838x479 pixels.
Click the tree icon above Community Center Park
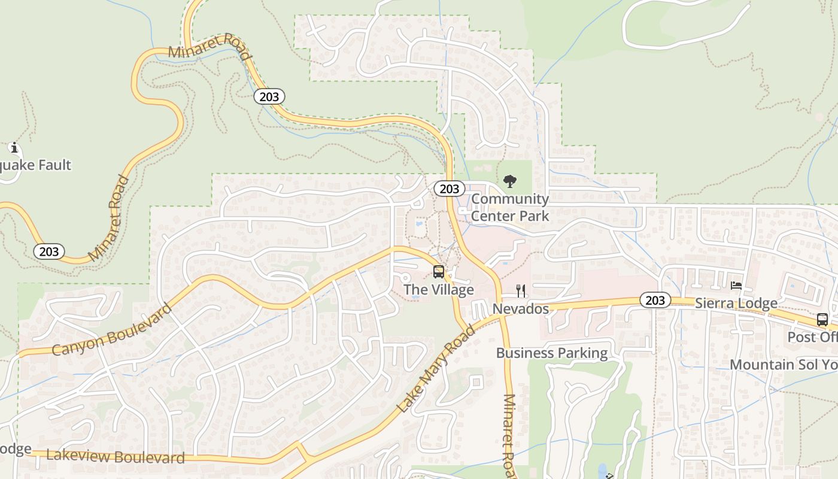[510, 181]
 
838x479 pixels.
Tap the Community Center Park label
[509, 207]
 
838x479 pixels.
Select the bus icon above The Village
[439, 272]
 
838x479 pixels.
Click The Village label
[439, 290]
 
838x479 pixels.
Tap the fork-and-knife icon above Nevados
[521, 291]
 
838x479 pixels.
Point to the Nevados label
[521, 309]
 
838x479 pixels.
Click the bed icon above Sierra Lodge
[736, 286]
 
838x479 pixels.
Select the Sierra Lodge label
[736, 304]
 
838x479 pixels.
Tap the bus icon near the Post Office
[822, 320]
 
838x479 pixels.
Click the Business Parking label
[552, 353]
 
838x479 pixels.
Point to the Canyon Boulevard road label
[112, 330]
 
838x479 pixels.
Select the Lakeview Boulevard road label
[116, 457]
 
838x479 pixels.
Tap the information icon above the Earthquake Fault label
[14, 148]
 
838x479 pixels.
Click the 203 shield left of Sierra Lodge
[655, 300]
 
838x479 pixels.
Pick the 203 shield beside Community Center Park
[449, 189]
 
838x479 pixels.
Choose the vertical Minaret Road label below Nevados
[509, 436]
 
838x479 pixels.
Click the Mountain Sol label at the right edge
[783, 365]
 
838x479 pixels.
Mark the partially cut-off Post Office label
[812, 337]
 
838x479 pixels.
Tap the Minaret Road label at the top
[209, 46]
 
